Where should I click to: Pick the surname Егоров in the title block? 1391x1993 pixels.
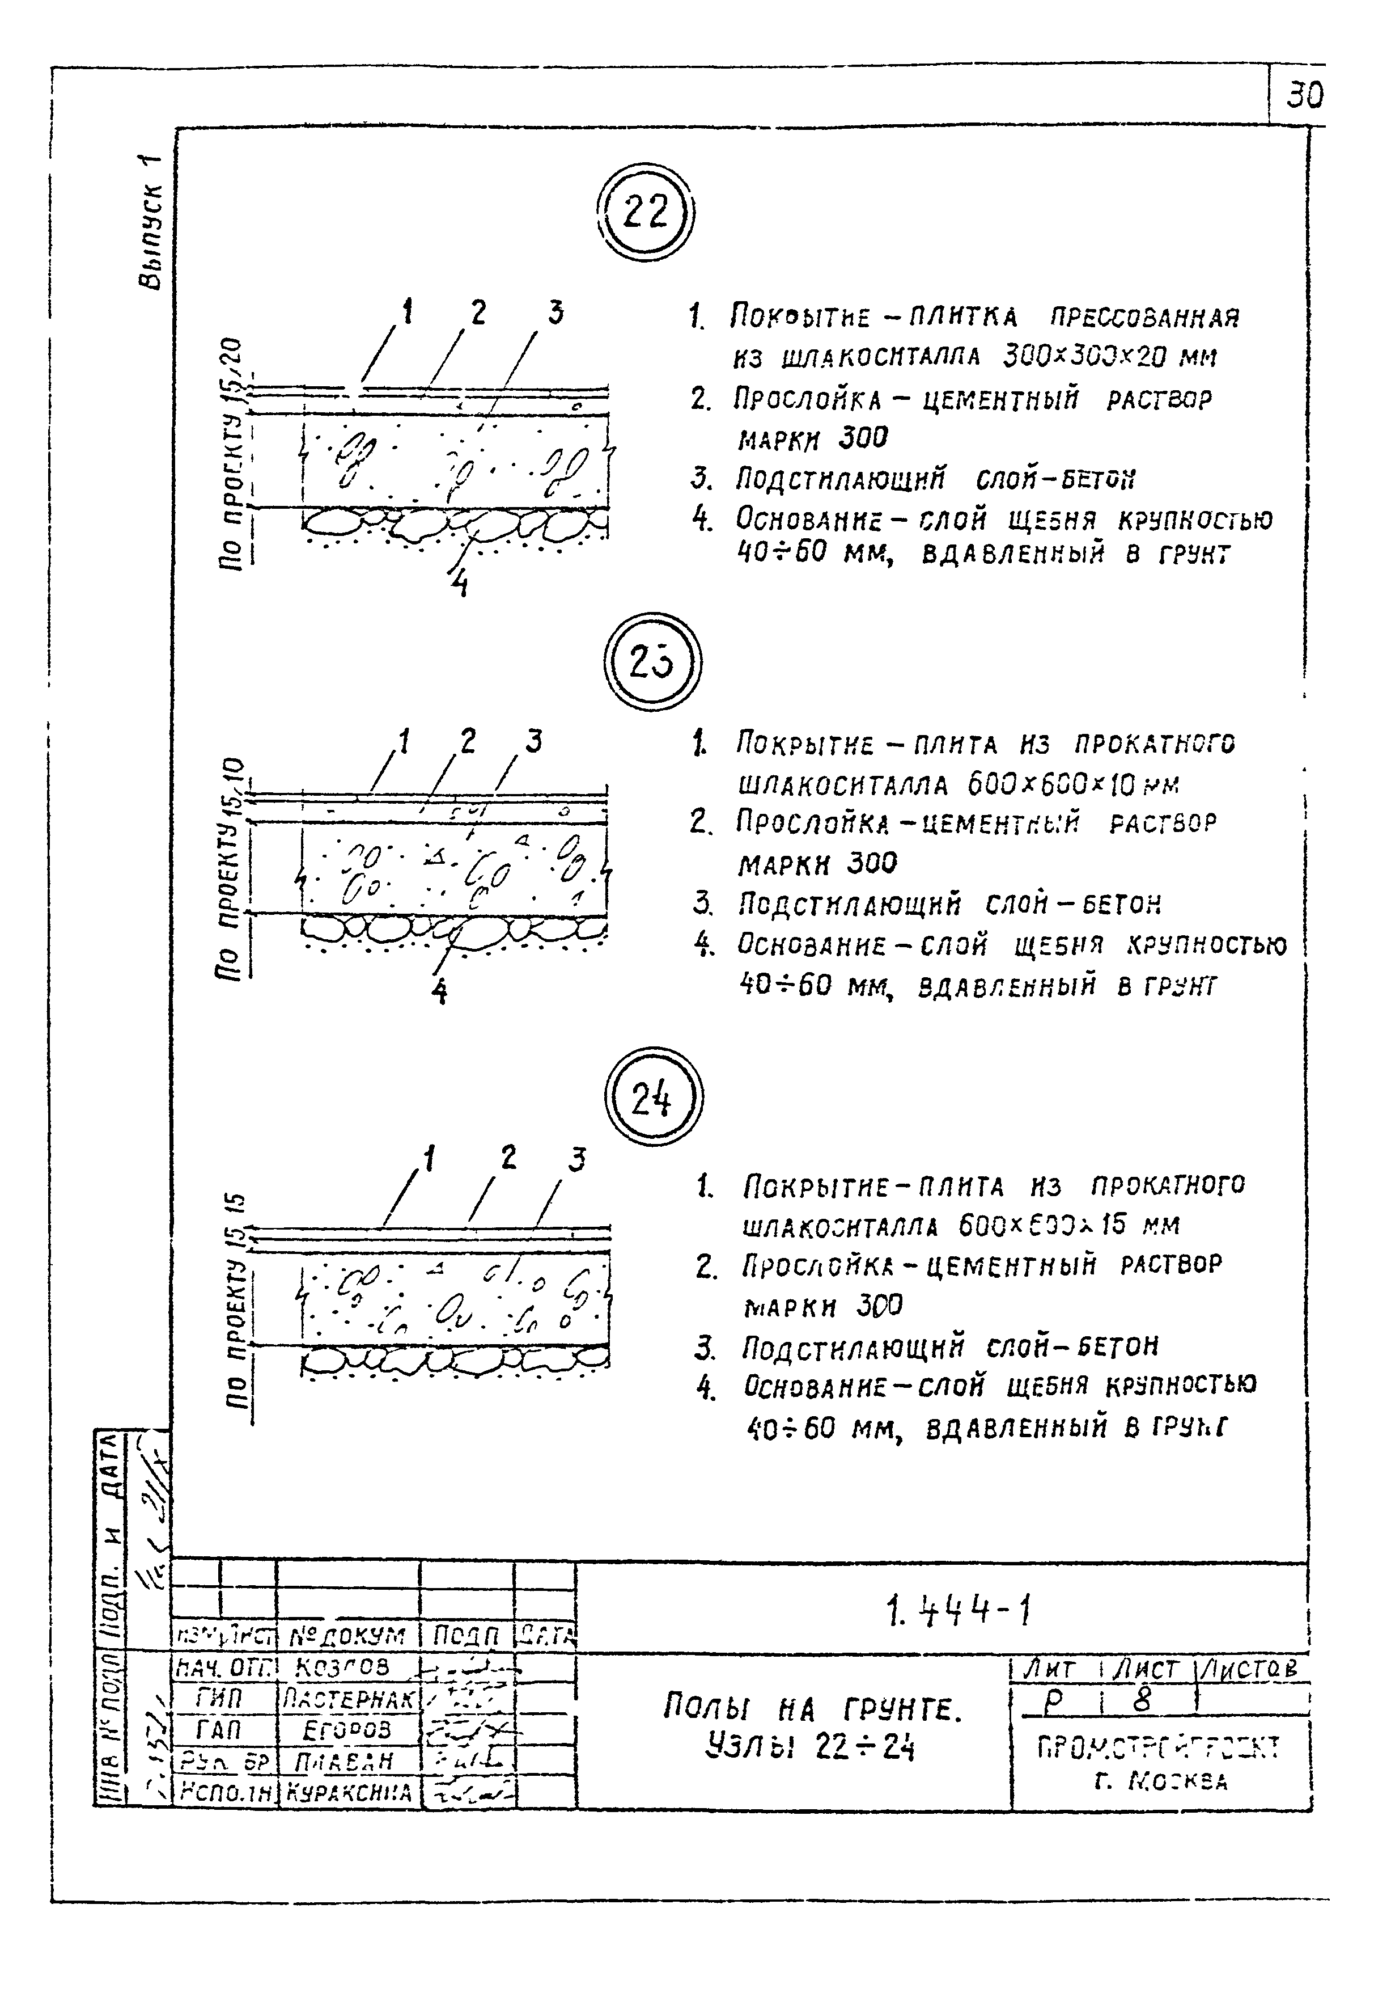point(347,1729)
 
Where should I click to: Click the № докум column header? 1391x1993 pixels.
point(346,1636)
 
